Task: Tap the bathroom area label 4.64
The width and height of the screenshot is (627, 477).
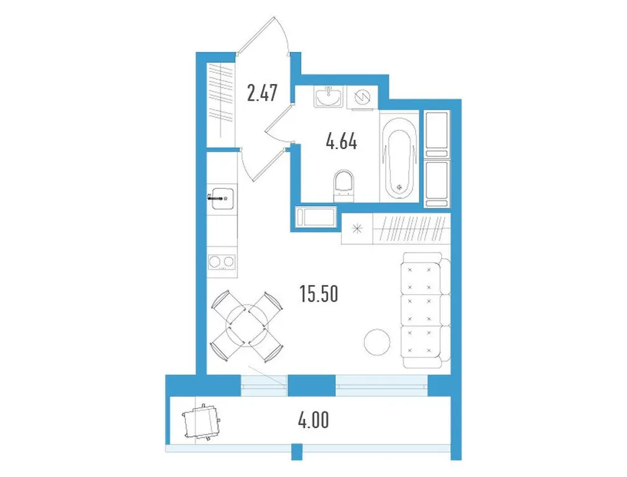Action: [341, 141]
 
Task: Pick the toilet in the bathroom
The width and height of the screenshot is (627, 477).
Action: [343, 185]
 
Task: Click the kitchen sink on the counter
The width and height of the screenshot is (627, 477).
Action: [222, 198]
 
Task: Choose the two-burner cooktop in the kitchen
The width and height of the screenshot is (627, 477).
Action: [222, 261]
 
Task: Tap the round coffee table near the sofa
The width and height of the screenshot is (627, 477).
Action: [376, 341]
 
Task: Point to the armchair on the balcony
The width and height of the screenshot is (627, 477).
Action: [201, 421]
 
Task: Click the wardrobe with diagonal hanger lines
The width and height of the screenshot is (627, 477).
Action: [411, 229]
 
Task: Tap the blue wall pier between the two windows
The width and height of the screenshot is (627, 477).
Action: [311, 385]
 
